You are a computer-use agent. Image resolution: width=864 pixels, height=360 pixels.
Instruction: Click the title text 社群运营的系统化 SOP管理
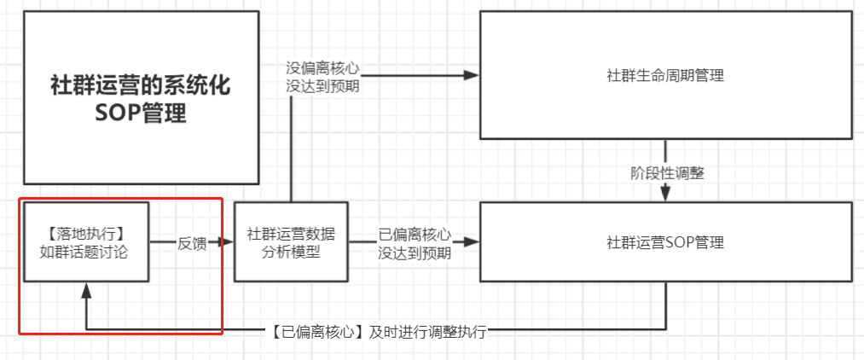[141, 100]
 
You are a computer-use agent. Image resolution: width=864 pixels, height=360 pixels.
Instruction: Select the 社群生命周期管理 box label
[665, 76]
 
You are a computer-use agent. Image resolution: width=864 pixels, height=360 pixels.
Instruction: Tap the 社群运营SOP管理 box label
[665, 243]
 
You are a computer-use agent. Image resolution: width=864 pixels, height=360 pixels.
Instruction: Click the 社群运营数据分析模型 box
[290, 242]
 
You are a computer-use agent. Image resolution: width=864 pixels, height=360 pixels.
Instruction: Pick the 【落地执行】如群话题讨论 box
[85, 242]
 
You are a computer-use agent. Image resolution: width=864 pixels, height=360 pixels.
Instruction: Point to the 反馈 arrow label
[191, 242]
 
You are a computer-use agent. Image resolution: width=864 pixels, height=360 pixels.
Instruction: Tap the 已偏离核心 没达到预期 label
[414, 242]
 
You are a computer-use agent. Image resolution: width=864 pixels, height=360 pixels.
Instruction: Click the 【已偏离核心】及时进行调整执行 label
[380, 332]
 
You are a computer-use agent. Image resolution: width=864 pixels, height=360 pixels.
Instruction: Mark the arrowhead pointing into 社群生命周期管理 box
[471, 75]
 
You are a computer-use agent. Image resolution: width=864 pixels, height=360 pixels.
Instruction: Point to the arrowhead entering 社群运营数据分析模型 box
[226, 242]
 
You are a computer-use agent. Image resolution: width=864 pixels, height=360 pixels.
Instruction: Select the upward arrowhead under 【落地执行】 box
[86, 291]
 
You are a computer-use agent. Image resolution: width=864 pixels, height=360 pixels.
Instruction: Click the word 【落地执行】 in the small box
[85, 233]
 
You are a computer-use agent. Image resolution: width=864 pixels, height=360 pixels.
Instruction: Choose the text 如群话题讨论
[85, 252]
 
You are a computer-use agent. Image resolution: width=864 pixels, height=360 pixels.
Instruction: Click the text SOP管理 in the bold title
[141, 113]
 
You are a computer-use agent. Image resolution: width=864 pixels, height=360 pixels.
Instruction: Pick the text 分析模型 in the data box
[290, 252]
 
